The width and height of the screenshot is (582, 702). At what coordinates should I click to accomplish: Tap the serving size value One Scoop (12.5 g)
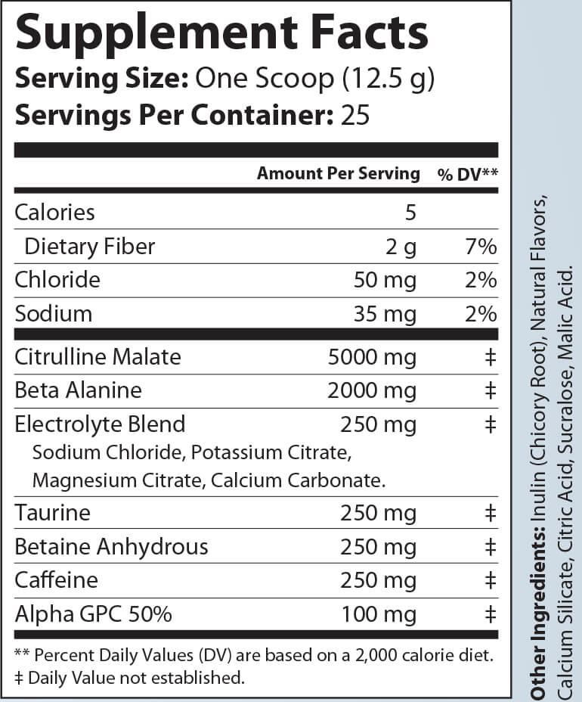(314, 78)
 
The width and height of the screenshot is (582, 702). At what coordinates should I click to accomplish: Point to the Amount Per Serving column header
(338, 173)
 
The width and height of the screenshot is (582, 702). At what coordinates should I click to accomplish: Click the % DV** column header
(467, 174)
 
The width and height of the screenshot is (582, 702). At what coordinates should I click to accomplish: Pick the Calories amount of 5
(410, 212)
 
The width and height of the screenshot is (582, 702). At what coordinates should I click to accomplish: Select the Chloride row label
(57, 280)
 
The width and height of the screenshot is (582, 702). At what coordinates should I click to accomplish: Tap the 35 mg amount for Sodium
(385, 314)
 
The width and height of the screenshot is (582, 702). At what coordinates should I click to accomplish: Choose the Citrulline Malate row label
(98, 356)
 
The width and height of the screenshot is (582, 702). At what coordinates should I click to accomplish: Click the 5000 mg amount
(372, 356)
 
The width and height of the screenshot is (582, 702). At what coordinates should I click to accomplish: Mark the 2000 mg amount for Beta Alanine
(372, 390)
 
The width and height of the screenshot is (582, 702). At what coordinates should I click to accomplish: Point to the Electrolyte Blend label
(100, 424)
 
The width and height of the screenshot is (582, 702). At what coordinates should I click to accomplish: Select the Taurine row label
(52, 514)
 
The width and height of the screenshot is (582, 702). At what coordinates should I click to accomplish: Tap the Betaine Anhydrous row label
(111, 547)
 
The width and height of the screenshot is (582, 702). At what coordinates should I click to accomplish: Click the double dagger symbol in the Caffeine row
(490, 580)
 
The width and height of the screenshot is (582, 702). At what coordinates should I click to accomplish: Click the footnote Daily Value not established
(136, 677)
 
